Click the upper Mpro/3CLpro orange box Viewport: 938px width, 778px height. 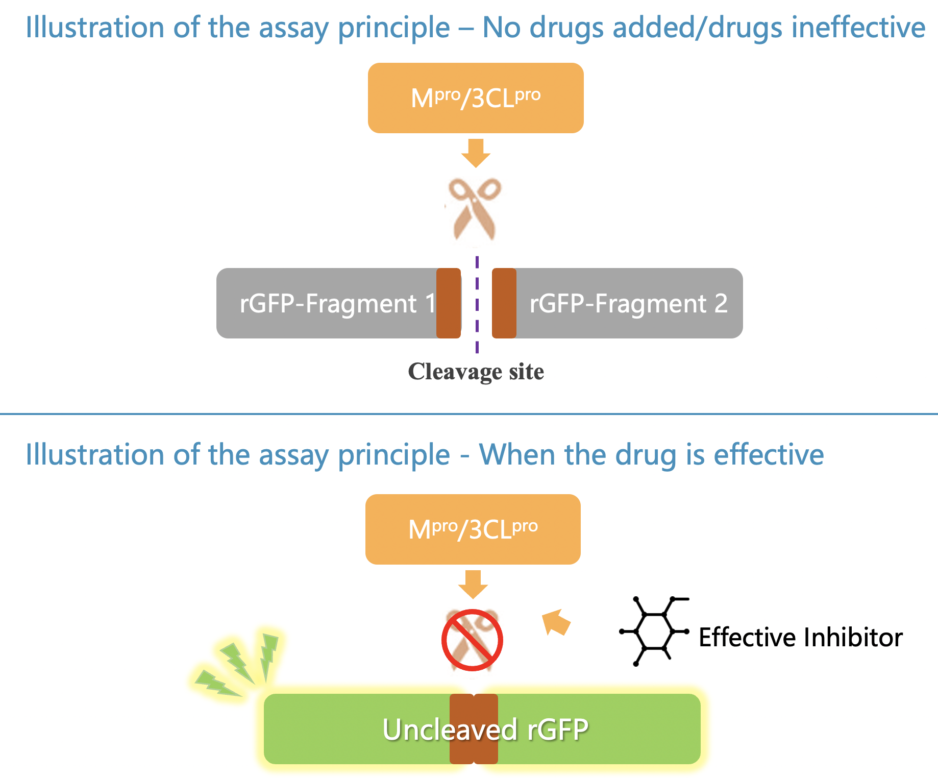pyautogui.click(x=476, y=98)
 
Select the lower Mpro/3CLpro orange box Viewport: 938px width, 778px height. pyautogui.click(x=473, y=529)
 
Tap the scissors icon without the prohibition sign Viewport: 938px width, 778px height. pyautogui.click(x=475, y=209)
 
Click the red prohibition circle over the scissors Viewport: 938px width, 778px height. pyautogui.click(x=472, y=640)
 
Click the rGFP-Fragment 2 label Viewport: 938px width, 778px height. pyautogui.click(x=628, y=304)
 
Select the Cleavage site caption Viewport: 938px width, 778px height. pyautogui.click(x=476, y=372)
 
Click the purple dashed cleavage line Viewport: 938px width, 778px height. pyautogui.click(x=477, y=306)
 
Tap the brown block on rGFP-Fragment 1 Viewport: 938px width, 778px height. pyautogui.click(x=449, y=303)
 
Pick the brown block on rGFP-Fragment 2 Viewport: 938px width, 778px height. pyautogui.click(x=504, y=303)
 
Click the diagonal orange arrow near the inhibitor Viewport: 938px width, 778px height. pyautogui.click(x=556, y=622)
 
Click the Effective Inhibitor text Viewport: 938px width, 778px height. pyautogui.click(x=800, y=638)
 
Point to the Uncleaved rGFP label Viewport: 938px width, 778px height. pyautogui.click(x=485, y=730)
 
